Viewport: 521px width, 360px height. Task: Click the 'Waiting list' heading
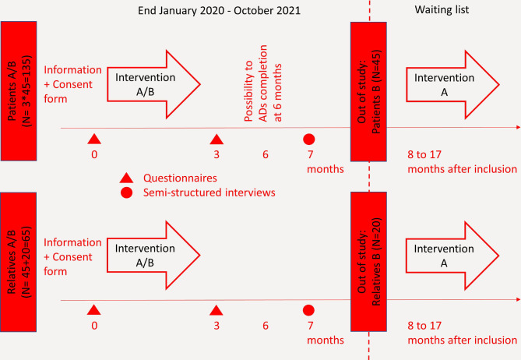442,9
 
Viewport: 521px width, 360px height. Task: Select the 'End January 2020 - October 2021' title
219,11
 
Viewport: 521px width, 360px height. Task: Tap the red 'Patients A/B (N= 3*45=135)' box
19,91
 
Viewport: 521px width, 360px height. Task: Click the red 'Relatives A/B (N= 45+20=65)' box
18,262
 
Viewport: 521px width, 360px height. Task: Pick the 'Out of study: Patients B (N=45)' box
368,92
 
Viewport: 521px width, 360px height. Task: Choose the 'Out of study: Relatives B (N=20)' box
368,262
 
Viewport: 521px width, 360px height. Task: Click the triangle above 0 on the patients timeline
94,139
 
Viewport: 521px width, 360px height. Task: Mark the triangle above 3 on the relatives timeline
216,311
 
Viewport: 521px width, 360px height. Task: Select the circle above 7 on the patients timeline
309,139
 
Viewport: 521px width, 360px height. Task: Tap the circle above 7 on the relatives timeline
308,310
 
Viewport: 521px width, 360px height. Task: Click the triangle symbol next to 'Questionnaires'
126,178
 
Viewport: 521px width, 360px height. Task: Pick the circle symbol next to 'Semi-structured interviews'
127,192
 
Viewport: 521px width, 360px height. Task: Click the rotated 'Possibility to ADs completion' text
256,83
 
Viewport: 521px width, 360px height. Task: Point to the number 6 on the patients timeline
266,154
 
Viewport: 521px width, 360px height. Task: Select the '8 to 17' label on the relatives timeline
424,326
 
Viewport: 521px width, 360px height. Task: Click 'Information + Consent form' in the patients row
72,84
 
